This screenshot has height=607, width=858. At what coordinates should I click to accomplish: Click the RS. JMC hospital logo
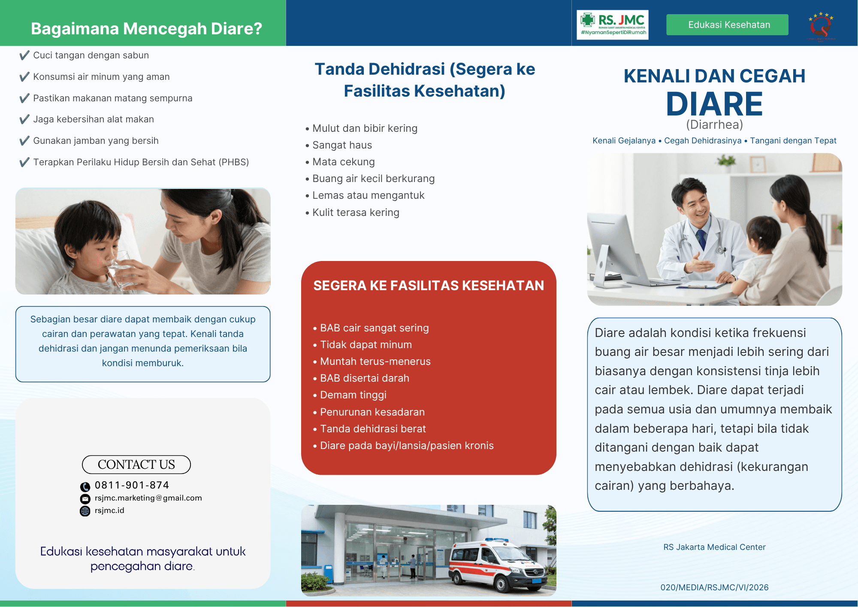[612, 25]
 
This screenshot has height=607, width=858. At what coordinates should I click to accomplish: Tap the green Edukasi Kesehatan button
[727, 25]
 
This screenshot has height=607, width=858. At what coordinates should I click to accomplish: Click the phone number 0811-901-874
[132, 485]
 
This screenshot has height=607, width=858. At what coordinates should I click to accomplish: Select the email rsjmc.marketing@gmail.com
[148, 498]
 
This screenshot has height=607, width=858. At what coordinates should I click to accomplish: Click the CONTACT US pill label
[136, 464]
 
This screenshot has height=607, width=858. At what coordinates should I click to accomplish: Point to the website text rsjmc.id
[109, 510]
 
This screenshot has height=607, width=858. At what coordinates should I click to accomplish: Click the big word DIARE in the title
[714, 104]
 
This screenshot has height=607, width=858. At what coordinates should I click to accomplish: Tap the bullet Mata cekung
[344, 162]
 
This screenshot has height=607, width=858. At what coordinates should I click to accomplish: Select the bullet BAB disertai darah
[365, 378]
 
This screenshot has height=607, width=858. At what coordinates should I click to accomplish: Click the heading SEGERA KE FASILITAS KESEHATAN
[429, 285]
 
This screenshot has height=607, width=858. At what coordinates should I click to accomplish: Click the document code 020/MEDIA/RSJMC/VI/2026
[714, 587]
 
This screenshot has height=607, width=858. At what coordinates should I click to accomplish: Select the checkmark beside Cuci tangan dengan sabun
[24, 55]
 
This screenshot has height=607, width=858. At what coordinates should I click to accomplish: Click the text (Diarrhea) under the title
[714, 124]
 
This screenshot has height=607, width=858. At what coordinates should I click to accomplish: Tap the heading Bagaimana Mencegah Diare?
[146, 29]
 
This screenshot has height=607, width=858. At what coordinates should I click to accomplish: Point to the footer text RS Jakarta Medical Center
[714, 547]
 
